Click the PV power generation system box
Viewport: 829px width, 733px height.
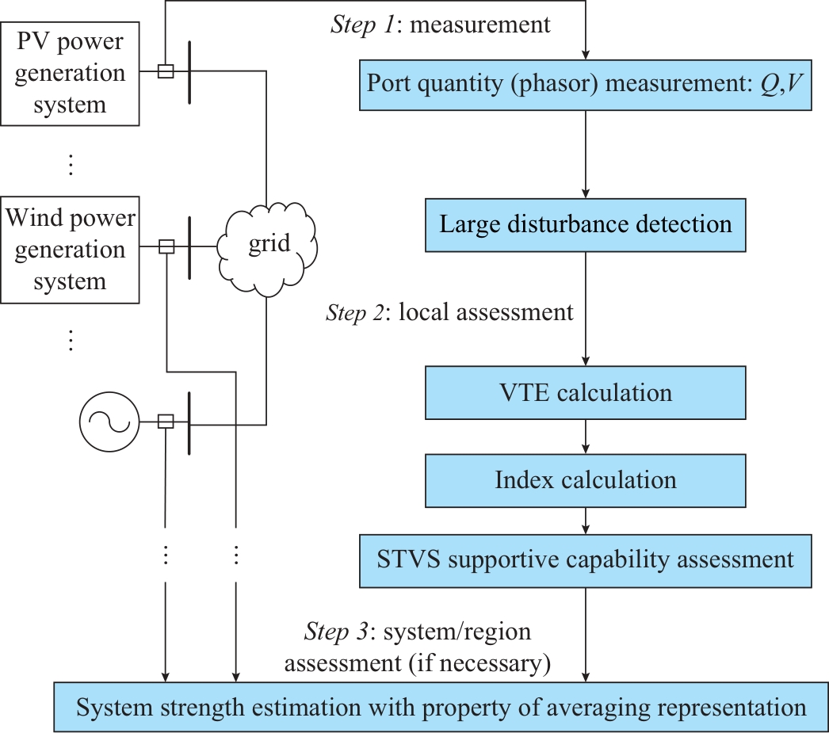tap(70, 73)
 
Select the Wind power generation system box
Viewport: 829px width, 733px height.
tap(70, 250)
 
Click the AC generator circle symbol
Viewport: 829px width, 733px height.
tap(109, 422)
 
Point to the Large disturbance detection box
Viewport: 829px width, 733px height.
tap(585, 223)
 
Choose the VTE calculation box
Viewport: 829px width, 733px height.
tap(585, 392)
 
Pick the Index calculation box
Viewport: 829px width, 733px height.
tap(585, 479)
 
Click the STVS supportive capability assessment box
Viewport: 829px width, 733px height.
tap(585, 560)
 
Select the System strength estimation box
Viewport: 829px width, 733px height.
tap(441, 707)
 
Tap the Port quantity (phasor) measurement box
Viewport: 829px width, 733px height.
tap(585, 86)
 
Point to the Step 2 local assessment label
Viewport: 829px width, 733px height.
tap(449, 312)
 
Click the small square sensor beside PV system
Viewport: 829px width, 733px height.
tap(166, 71)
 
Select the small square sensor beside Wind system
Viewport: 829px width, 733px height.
tap(166, 246)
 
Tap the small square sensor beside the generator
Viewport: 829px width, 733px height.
tap(166, 422)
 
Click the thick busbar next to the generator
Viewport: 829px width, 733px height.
tap(189, 422)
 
